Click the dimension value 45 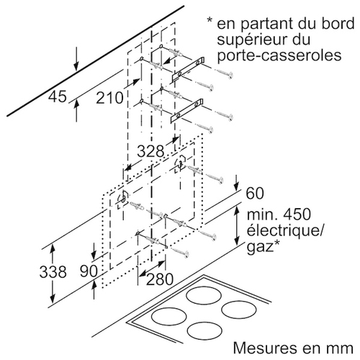tap(57, 96)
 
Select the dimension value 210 tap(109, 98)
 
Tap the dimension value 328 tap(150, 151)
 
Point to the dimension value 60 tap(255, 193)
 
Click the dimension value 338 tap(53, 272)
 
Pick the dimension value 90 tap(89, 271)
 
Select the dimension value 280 tap(160, 279)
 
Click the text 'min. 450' tap(279, 215)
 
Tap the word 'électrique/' tap(284, 230)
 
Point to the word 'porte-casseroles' tap(279, 55)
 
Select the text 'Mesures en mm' tap(293, 348)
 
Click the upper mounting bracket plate tap(188, 68)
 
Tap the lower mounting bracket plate tap(188, 111)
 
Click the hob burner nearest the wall tap(204, 296)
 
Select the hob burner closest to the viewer tap(204, 331)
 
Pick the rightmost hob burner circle tap(239, 310)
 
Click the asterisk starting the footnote tap(210, 21)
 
